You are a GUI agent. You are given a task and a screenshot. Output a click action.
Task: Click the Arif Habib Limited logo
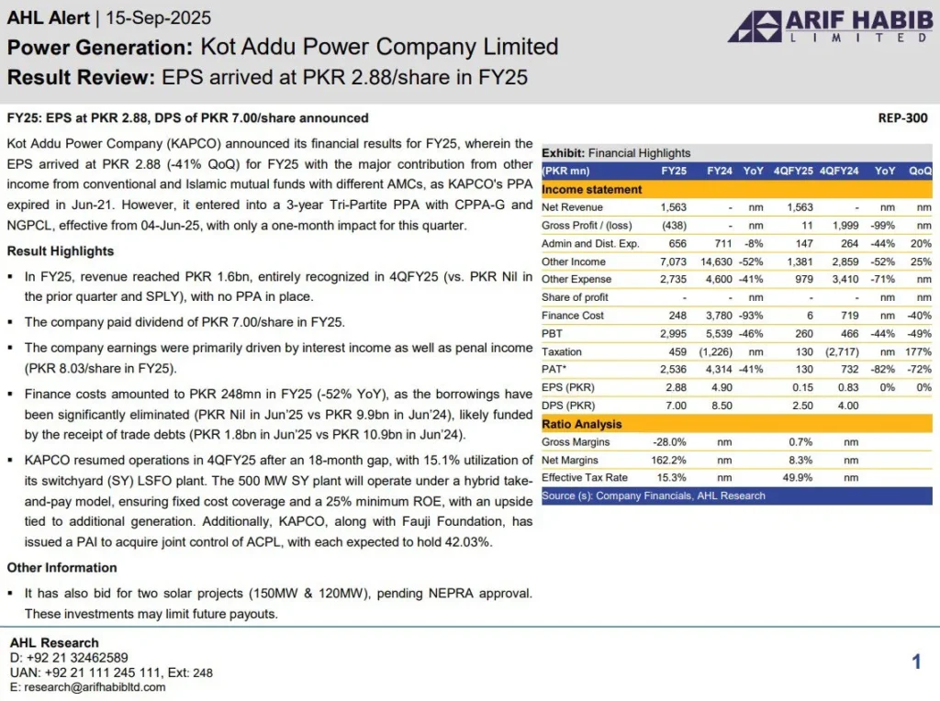click(x=829, y=27)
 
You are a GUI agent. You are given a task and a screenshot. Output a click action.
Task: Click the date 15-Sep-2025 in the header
click(x=159, y=18)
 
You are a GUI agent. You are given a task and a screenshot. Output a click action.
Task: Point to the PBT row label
click(x=553, y=333)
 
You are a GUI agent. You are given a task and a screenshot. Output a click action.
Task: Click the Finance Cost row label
click(x=573, y=316)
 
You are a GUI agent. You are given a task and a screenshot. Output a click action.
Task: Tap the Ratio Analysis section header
click(x=582, y=424)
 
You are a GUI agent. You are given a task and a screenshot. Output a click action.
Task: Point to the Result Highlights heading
click(x=61, y=251)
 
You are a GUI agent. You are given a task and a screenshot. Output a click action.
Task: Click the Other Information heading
click(x=62, y=568)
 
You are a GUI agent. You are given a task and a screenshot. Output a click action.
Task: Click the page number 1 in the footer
click(x=916, y=662)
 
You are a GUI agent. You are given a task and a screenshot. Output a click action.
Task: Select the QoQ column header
click(x=920, y=171)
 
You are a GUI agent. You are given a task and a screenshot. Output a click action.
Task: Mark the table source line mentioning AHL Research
click(x=653, y=495)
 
